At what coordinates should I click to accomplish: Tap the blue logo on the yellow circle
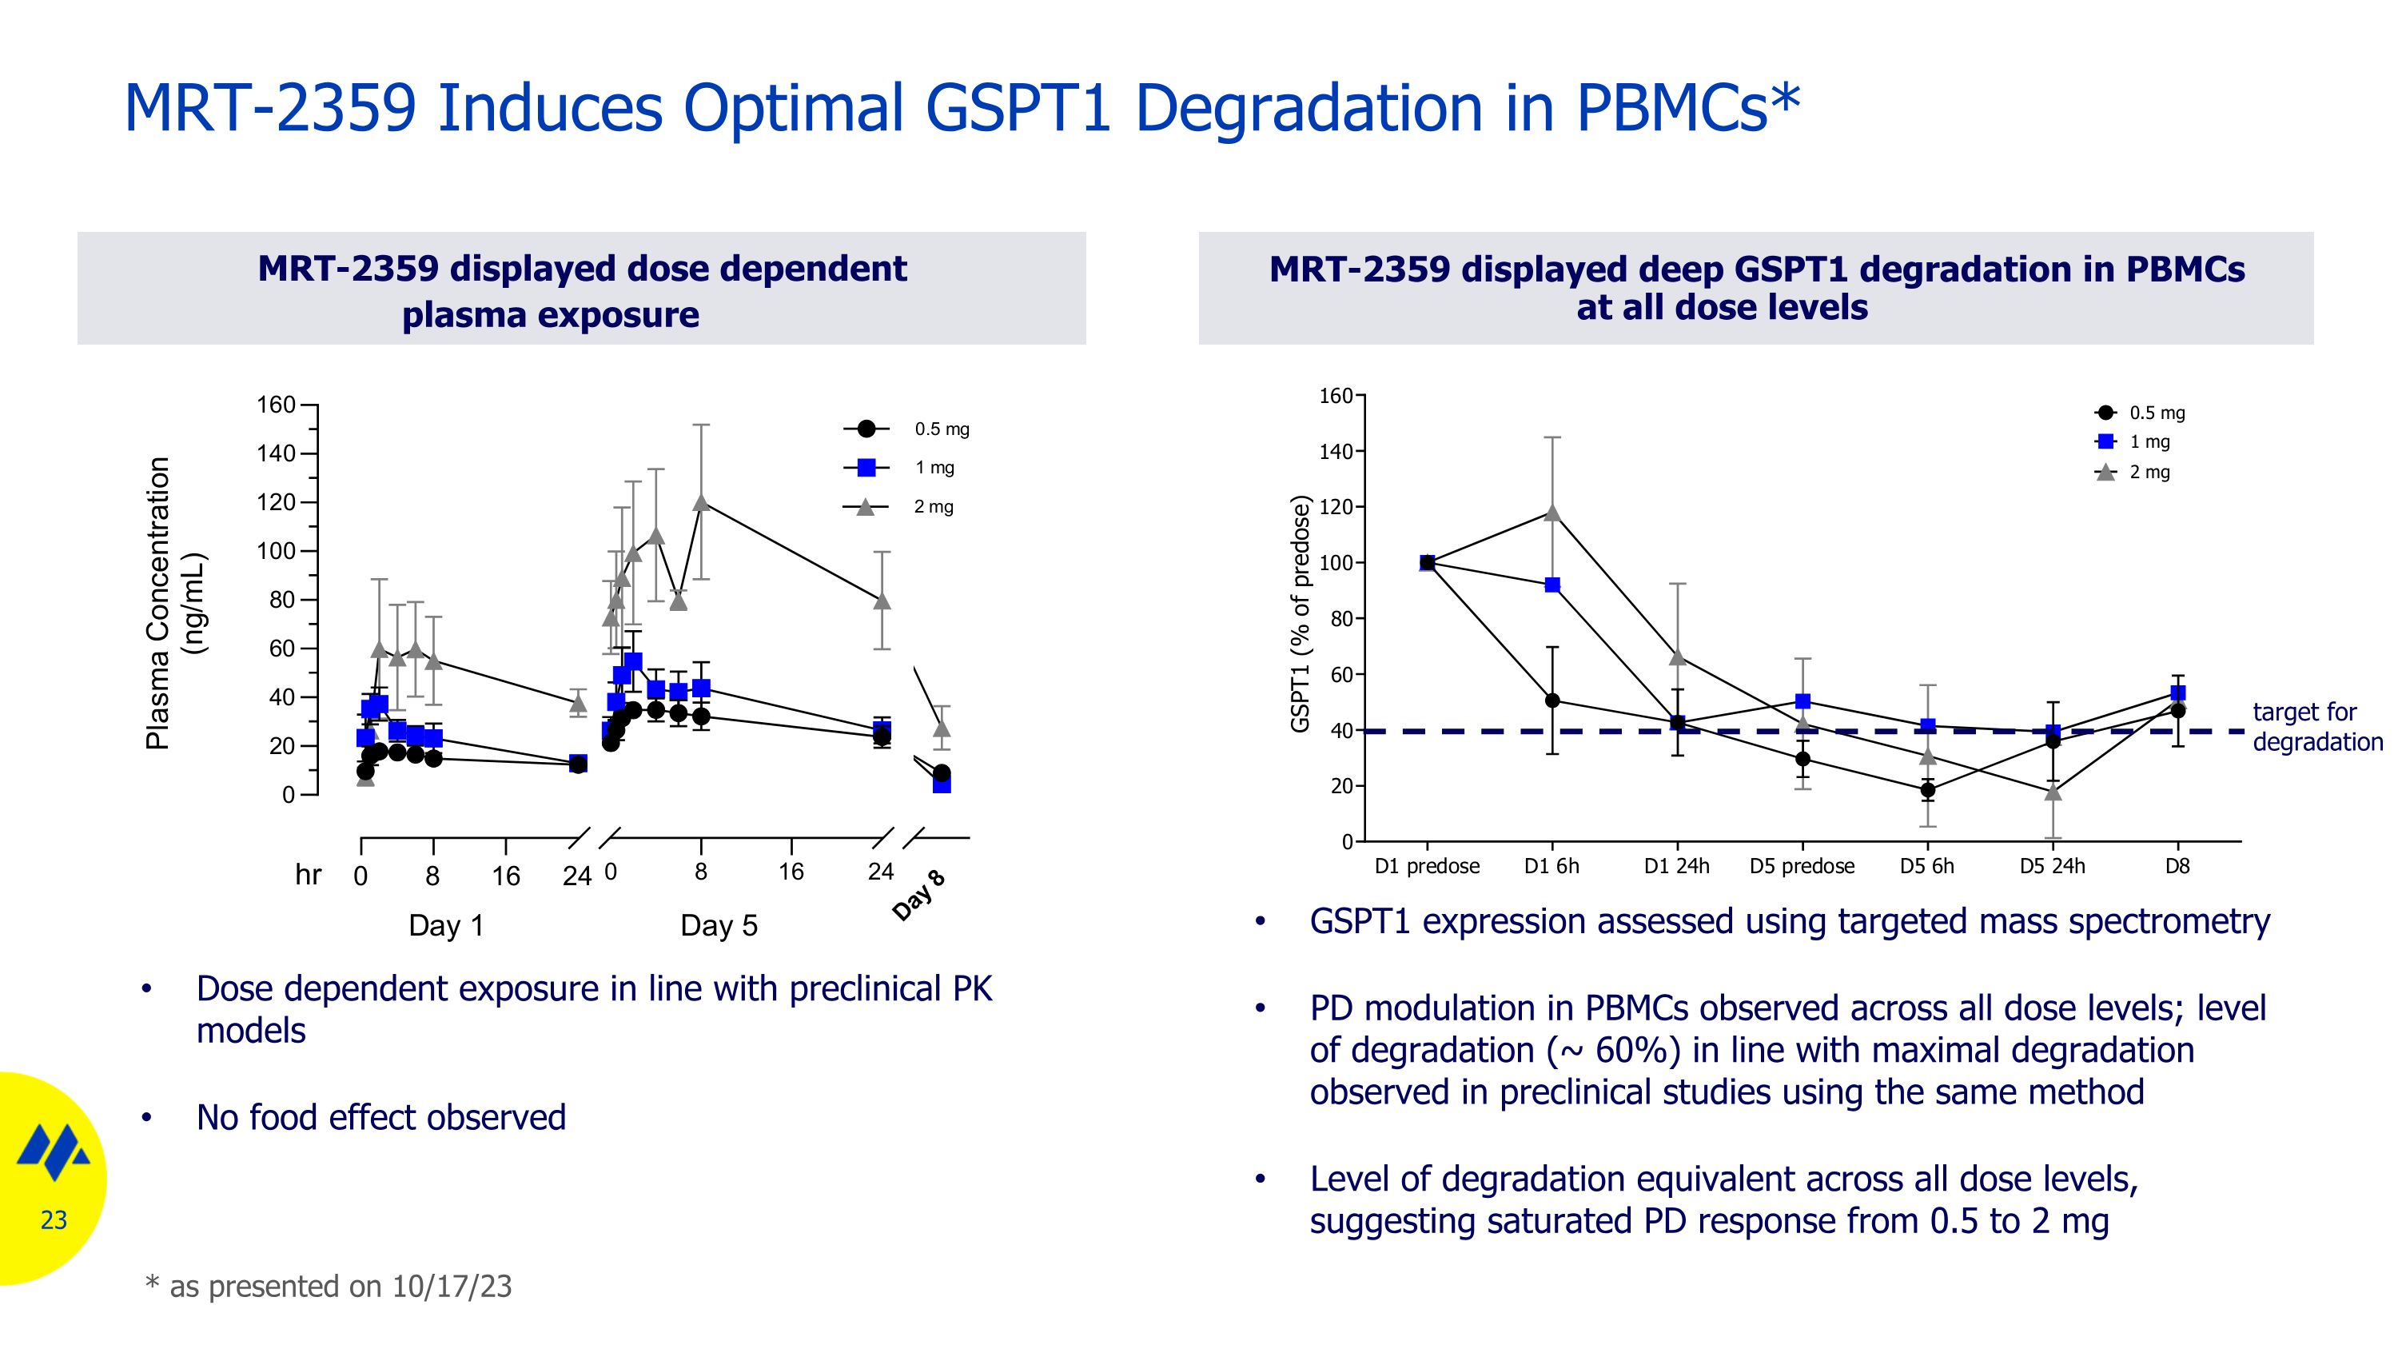tap(54, 1151)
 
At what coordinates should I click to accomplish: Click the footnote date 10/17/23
tap(452, 1286)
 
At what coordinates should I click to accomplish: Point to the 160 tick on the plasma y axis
tap(276, 405)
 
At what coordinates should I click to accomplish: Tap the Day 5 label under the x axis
tap(719, 925)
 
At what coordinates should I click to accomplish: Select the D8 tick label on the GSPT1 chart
tap(2177, 866)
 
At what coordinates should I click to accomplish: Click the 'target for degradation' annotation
tap(2316, 727)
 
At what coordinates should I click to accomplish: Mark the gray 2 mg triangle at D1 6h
tap(1552, 512)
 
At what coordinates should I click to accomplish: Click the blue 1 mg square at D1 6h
tap(1552, 585)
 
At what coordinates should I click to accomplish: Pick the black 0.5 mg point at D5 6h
tap(1927, 789)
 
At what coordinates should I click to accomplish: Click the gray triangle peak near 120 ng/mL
tap(701, 503)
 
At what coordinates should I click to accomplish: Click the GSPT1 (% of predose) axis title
tap(1301, 613)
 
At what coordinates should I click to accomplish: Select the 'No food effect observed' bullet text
tap(380, 1117)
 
